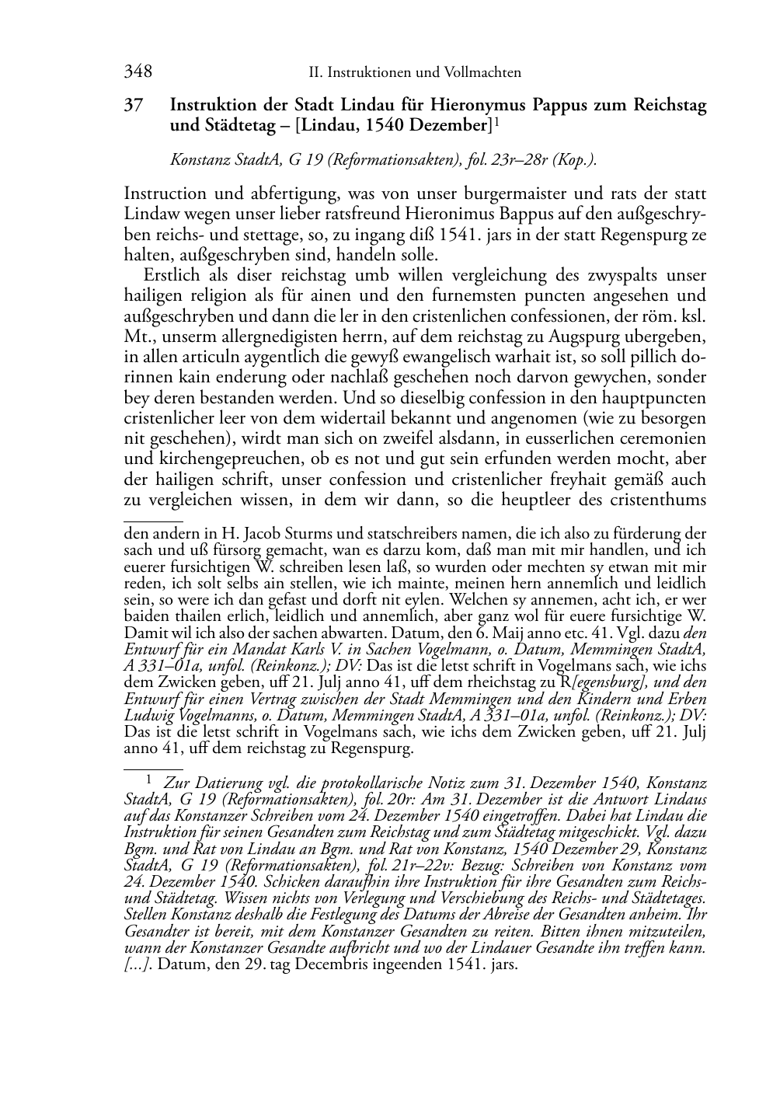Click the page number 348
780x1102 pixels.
click(138, 73)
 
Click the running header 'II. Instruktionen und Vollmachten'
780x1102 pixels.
click(414, 73)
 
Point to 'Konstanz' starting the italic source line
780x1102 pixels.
click(198, 161)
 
